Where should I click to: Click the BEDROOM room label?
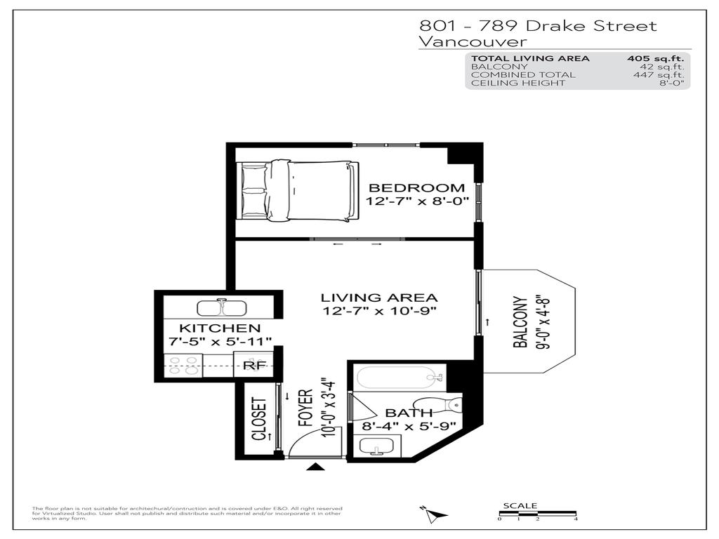[416, 187]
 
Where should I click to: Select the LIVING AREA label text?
[379, 298]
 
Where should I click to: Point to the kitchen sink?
[223, 308]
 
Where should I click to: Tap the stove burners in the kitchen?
[183, 366]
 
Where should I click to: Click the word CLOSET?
[259, 420]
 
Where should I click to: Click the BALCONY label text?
[520, 322]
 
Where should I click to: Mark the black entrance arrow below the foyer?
[317, 467]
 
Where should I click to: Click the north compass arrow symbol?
[434, 516]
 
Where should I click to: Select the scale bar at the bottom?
[537, 514]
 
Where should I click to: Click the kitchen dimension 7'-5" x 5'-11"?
[220, 341]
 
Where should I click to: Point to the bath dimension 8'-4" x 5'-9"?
[409, 425]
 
